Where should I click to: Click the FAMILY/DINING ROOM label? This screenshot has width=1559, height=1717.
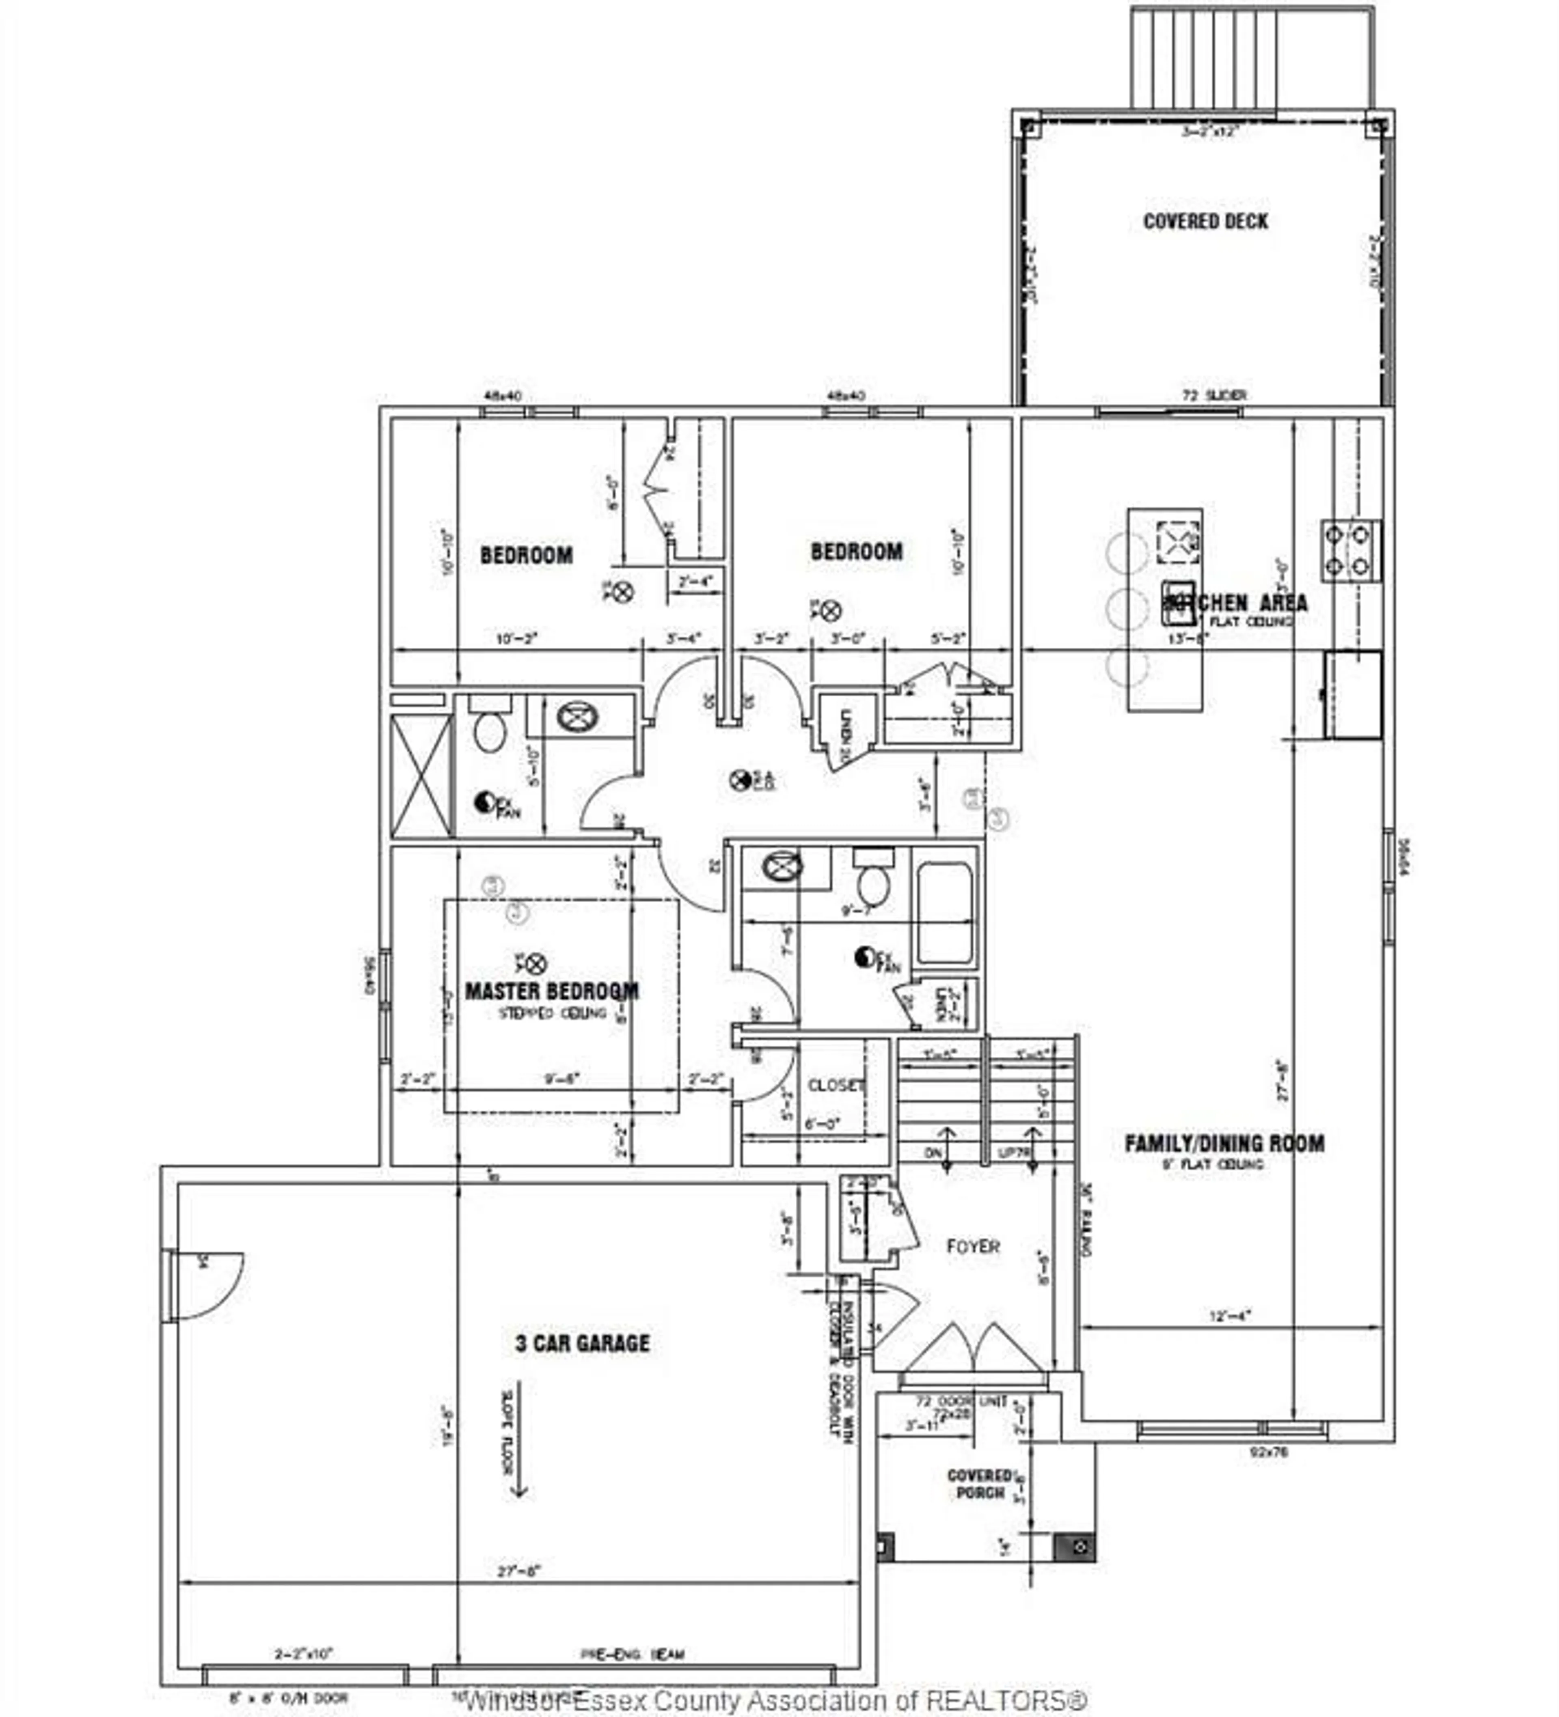[1224, 1143]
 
